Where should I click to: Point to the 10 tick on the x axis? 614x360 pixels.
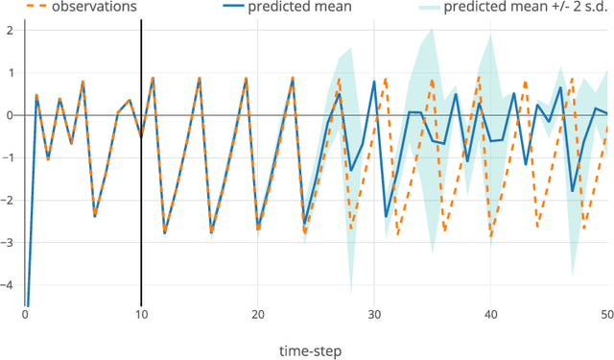(x=141, y=315)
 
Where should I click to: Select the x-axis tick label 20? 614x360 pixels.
(x=258, y=315)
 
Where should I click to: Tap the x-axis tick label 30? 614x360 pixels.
(x=374, y=315)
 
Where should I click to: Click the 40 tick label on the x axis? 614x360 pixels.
(x=491, y=315)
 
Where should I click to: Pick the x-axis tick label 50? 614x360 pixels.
(x=605, y=315)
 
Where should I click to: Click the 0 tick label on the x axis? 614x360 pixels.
(x=26, y=315)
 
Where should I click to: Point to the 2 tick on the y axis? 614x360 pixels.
(x=11, y=30)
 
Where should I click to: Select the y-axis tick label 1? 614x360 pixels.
(x=11, y=73)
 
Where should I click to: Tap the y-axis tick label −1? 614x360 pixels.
(x=8, y=157)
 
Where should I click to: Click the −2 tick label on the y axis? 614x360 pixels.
(x=8, y=200)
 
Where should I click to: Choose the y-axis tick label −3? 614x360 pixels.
(x=8, y=242)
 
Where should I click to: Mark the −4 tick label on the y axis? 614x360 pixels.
(x=8, y=285)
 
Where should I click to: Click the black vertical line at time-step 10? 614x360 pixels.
(x=141, y=192)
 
